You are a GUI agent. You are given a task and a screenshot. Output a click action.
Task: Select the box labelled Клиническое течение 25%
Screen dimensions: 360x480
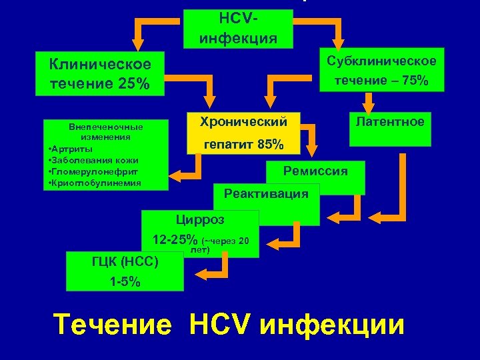[100, 74]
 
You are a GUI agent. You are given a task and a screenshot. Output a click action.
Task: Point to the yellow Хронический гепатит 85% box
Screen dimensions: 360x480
[243, 133]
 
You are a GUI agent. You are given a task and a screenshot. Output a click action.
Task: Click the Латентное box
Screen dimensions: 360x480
[389, 121]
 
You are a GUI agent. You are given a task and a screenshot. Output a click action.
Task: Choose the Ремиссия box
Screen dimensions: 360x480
[315, 172]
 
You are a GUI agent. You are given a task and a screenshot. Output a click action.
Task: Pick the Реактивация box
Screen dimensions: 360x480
[267, 194]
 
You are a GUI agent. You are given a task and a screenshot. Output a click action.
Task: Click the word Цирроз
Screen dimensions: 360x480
[200, 219]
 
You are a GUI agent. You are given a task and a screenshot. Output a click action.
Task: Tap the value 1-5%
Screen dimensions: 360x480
[125, 281]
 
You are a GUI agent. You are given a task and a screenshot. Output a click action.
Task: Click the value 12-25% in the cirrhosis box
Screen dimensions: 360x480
[175, 239]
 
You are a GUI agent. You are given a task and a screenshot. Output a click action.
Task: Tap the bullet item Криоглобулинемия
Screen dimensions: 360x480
[94, 183]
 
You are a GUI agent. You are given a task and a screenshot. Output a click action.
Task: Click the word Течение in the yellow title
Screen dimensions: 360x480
[112, 325]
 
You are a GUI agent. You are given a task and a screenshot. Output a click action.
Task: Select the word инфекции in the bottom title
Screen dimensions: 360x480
[332, 325]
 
